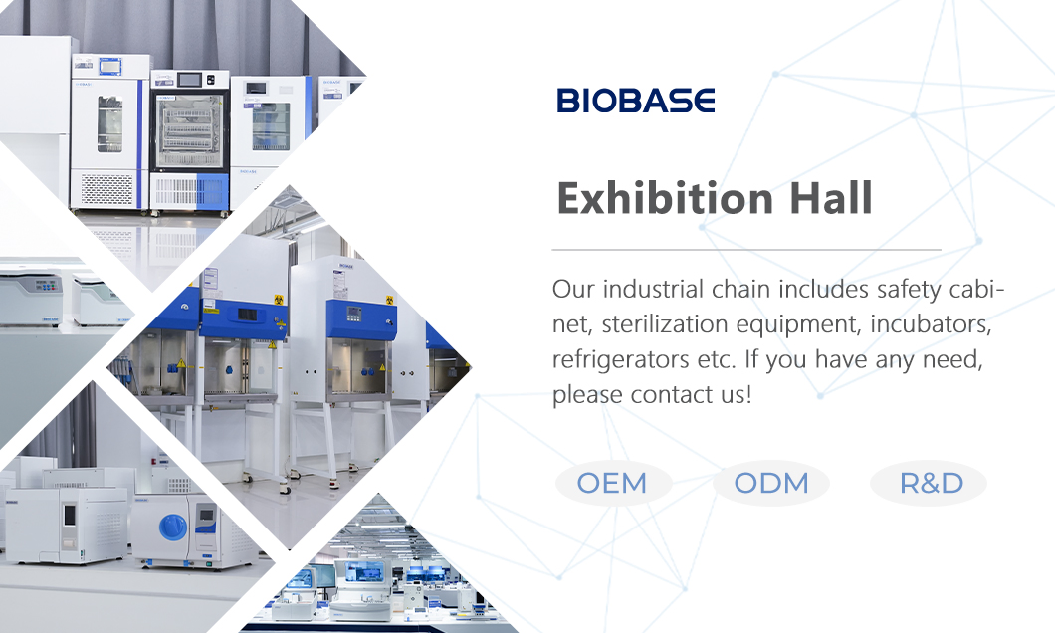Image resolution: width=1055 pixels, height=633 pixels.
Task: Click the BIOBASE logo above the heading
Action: [x=635, y=101]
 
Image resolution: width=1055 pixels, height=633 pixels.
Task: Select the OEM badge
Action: [x=612, y=484]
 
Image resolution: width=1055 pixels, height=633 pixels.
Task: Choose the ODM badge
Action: [x=771, y=484]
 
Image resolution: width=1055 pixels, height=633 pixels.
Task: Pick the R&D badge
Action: [x=931, y=484]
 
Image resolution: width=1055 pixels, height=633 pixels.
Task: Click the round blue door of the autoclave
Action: [x=173, y=527]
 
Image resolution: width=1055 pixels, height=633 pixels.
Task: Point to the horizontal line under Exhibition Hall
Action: [x=746, y=249]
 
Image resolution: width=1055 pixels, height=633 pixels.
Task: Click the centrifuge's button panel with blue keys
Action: [x=47, y=286]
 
